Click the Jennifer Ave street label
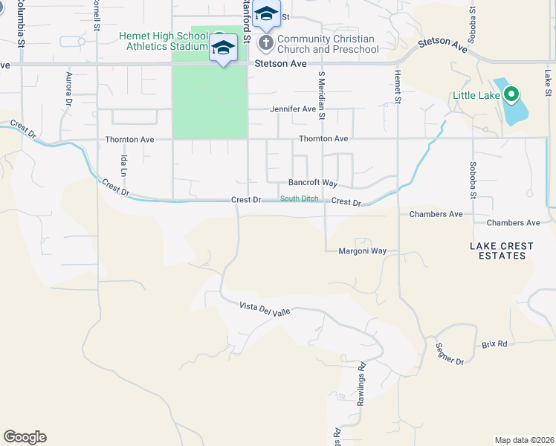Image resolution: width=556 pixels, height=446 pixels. click(x=293, y=109)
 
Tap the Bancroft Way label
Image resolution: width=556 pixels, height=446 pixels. click(x=313, y=183)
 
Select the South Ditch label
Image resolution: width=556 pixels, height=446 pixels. click(x=300, y=198)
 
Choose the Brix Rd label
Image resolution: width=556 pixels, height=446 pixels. click(x=494, y=344)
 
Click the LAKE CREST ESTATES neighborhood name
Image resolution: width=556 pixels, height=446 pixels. click(x=497, y=251)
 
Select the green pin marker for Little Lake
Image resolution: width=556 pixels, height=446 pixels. click(x=511, y=94)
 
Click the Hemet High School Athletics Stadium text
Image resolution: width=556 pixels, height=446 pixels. click(x=163, y=42)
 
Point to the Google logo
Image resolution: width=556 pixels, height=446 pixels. click(x=25, y=437)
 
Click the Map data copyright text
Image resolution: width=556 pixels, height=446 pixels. click(x=524, y=440)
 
